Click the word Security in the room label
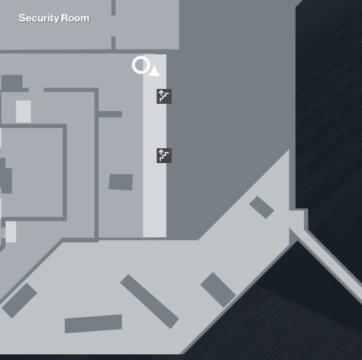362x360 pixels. [x=39, y=18]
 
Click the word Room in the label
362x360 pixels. [x=76, y=18]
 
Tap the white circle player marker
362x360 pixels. [x=140, y=65]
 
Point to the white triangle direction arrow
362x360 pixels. [x=155, y=71]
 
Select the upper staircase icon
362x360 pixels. [x=164, y=96]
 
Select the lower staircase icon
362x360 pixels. [x=164, y=155]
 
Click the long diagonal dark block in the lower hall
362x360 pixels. [x=150, y=301]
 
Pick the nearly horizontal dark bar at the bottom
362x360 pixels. [x=93, y=323]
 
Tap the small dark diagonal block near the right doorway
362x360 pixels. [x=262, y=208]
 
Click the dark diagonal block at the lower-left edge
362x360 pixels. [x=19, y=301]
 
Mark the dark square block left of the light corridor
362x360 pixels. [x=121, y=182]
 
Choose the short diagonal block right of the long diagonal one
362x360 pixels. [x=218, y=290]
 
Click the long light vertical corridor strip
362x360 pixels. [x=155, y=146]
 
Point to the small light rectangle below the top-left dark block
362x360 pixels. [x=23, y=112]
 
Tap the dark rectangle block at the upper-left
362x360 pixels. [x=12, y=83]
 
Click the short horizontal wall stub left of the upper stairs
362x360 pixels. [x=110, y=114]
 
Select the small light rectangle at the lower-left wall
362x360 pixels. [x=11, y=232]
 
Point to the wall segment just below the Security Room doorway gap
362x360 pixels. [x=114, y=43]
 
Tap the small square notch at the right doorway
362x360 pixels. [x=297, y=220]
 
